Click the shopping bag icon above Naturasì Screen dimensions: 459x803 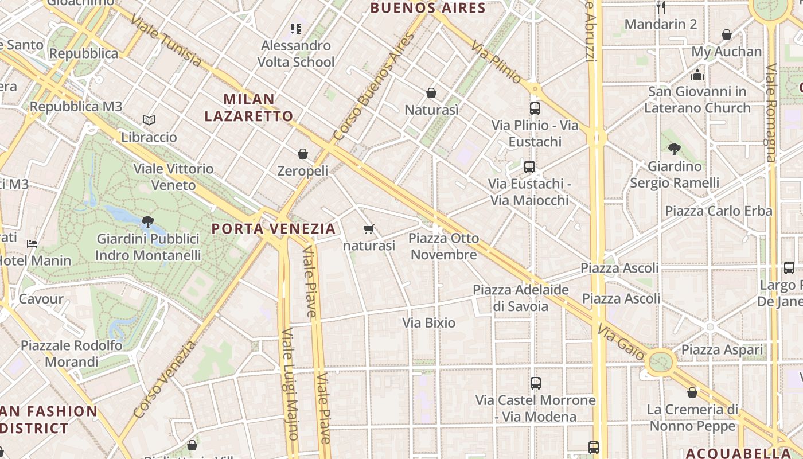point(431,93)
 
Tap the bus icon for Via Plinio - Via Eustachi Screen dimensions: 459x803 point(535,108)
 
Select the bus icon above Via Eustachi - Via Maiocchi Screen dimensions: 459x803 point(529,167)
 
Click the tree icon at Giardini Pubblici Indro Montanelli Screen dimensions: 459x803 point(147,221)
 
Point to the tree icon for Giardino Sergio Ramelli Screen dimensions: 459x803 point(675,149)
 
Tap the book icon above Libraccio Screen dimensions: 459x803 point(149,120)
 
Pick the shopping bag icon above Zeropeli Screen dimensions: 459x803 point(303,154)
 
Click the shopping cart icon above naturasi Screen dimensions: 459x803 point(369,229)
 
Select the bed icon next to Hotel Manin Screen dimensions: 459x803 point(32,244)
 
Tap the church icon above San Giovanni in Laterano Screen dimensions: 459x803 point(697,75)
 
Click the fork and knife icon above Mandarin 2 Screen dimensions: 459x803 point(661,7)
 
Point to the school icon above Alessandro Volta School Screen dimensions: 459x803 point(296,28)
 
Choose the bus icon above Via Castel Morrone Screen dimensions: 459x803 point(535,383)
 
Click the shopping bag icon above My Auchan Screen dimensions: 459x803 point(726,34)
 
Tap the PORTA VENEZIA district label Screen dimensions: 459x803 point(274,229)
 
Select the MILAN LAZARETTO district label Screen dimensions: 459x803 point(249,107)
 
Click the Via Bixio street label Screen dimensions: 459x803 point(428,323)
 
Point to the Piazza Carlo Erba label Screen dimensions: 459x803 point(718,211)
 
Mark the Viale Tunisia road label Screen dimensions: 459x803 point(166,41)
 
